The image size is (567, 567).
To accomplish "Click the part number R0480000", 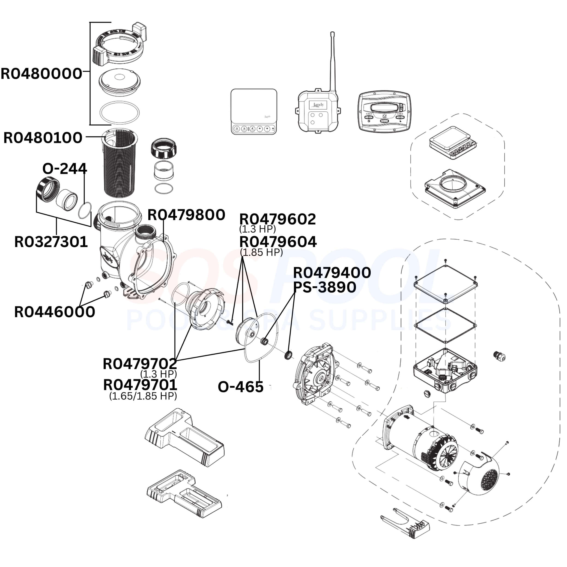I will [41, 74].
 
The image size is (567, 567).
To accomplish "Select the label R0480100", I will [43, 138].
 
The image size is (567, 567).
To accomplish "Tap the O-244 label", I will [65, 169].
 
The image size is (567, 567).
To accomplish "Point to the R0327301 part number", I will [51, 242].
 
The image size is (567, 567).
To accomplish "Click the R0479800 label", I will [186, 215].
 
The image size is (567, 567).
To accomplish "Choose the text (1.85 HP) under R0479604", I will [261, 252].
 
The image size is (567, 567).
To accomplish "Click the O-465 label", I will [240, 387].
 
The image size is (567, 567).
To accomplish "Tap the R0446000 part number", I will [55, 312].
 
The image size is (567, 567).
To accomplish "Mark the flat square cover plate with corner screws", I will [445, 284].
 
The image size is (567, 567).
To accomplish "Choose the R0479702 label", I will [140, 364].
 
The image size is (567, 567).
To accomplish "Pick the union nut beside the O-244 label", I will [48, 190].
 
